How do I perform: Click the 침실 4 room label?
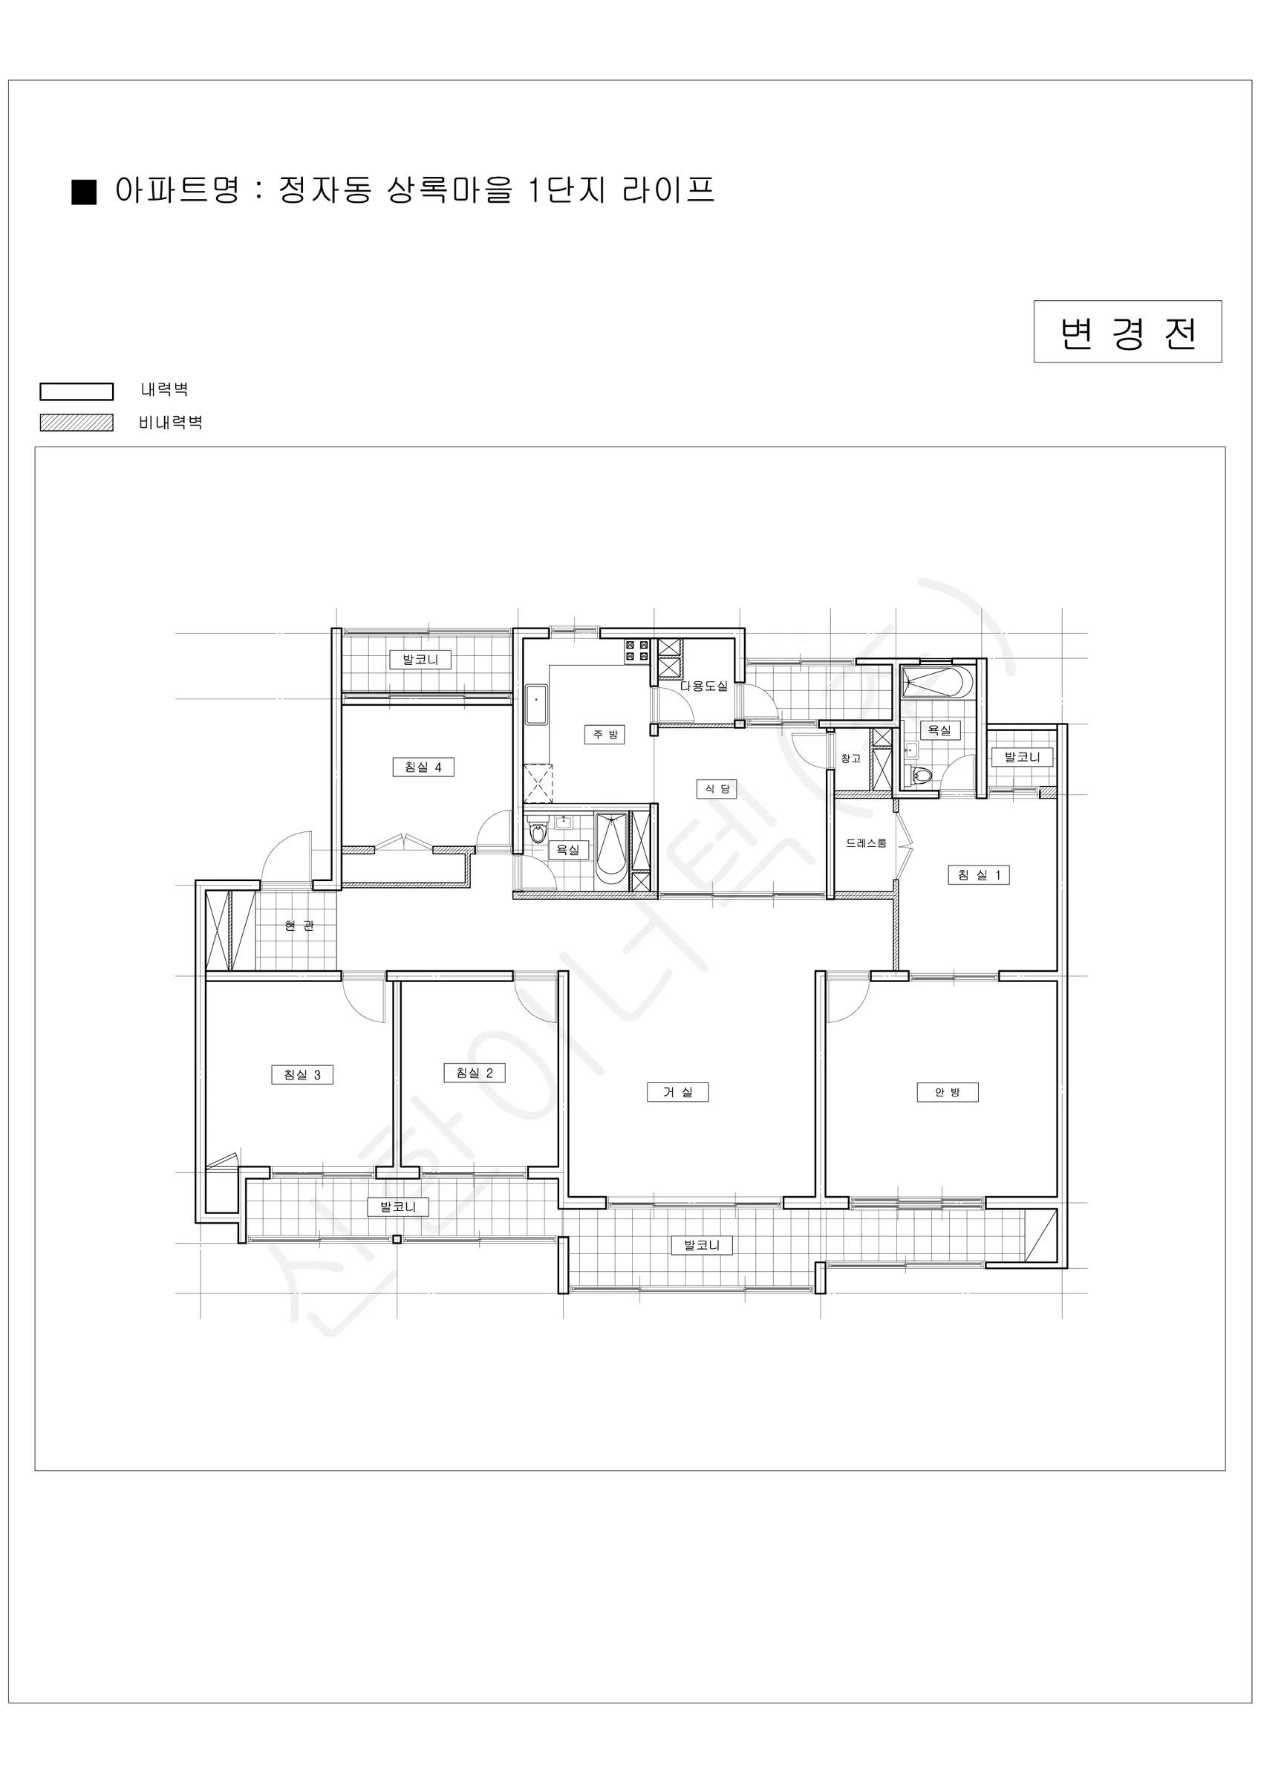point(423,767)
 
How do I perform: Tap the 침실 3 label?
point(302,1075)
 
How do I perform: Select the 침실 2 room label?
point(475,1074)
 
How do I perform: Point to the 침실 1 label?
point(978,875)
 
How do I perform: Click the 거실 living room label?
point(678,1092)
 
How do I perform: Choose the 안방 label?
point(948,1092)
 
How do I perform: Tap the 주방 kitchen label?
point(605,735)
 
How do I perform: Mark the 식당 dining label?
point(717,789)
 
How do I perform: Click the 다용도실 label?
point(704,686)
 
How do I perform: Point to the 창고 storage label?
point(851,759)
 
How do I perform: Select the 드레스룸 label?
point(867,843)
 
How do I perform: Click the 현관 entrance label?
point(299,926)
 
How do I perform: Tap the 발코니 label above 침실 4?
point(420,660)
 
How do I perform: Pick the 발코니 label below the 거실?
point(702,1246)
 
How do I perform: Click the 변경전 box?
point(1127,331)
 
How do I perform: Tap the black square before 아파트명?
point(84,192)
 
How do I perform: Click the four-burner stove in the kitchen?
point(636,651)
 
